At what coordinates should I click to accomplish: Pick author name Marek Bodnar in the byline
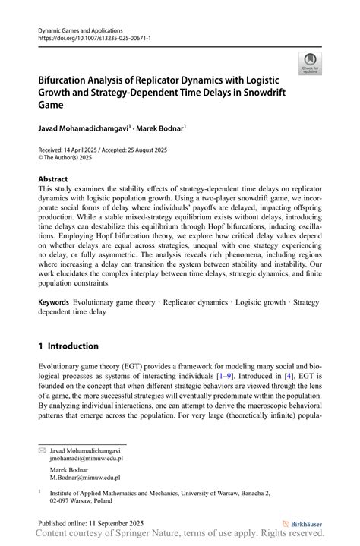pyautogui.click(x=161, y=131)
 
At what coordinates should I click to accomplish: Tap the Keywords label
pyautogui.click(x=59, y=302)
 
